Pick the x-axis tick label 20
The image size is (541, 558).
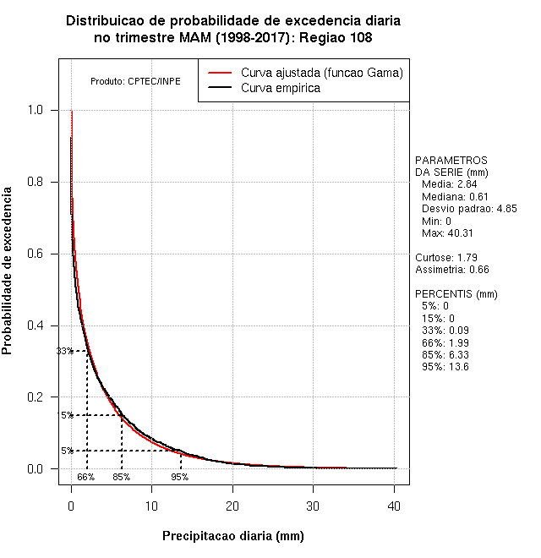tap(232, 506)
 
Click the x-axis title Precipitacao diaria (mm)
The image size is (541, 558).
tap(232, 536)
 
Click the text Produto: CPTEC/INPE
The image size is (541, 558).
tap(135, 82)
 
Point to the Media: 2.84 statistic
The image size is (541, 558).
tap(450, 184)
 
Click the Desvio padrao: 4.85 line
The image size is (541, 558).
tap(468, 208)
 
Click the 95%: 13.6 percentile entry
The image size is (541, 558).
tap(445, 367)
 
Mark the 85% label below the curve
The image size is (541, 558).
tap(122, 477)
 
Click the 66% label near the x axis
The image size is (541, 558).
tap(86, 477)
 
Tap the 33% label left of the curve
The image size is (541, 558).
tap(64, 351)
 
